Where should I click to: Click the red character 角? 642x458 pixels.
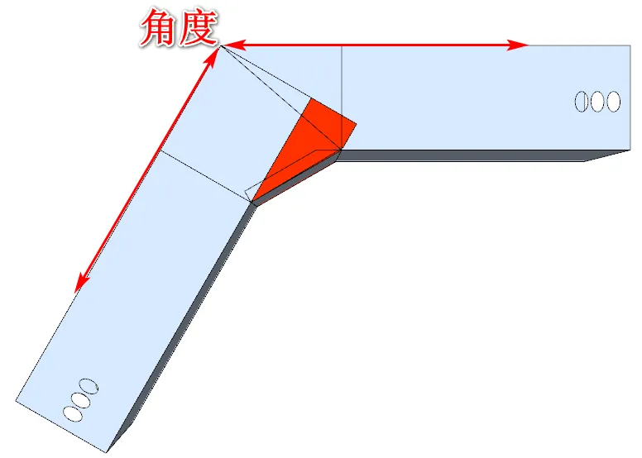click(x=160, y=27)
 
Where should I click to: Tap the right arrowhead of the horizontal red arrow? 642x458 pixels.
click(x=521, y=45)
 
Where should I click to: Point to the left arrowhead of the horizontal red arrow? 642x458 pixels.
click(x=232, y=45)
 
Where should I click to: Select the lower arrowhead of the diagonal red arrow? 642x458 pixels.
click(x=79, y=284)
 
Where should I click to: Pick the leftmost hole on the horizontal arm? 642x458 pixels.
click(x=582, y=102)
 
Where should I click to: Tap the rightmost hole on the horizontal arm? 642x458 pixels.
click(x=613, y=102)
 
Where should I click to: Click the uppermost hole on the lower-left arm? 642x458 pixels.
click(x=89, y=386)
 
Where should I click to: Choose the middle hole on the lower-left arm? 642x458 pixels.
click(x=81, y=399)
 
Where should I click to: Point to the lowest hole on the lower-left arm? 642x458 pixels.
click(x=73, y=412)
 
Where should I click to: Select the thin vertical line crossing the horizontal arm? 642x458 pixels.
click(x=342, y=91)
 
